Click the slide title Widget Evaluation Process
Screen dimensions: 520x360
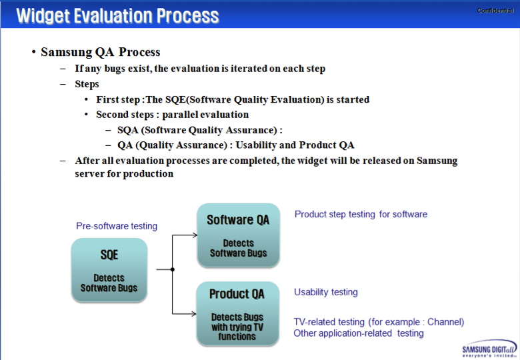tap(117, 15)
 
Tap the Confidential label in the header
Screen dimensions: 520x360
tap(495, 10)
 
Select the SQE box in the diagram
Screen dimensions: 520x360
tap(109, 270)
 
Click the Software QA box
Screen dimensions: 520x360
tap(238, 235)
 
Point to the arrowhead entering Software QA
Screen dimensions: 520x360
tap(194, 235)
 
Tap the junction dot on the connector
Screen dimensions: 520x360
tap(172, 269)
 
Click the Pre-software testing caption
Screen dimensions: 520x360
tap(117, 226)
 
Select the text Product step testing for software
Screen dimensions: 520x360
tap(361, 214)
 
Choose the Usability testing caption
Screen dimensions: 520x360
tap(326, 292)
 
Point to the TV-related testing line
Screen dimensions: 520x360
tap(379, 322)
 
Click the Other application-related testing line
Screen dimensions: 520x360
tap(359, 333)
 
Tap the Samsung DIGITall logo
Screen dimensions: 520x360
tap(489, 349)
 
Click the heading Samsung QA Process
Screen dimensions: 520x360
tap(101, 52)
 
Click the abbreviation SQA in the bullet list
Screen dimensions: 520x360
tap(128, 130)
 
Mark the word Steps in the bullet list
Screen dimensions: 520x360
tap(87, 84)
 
